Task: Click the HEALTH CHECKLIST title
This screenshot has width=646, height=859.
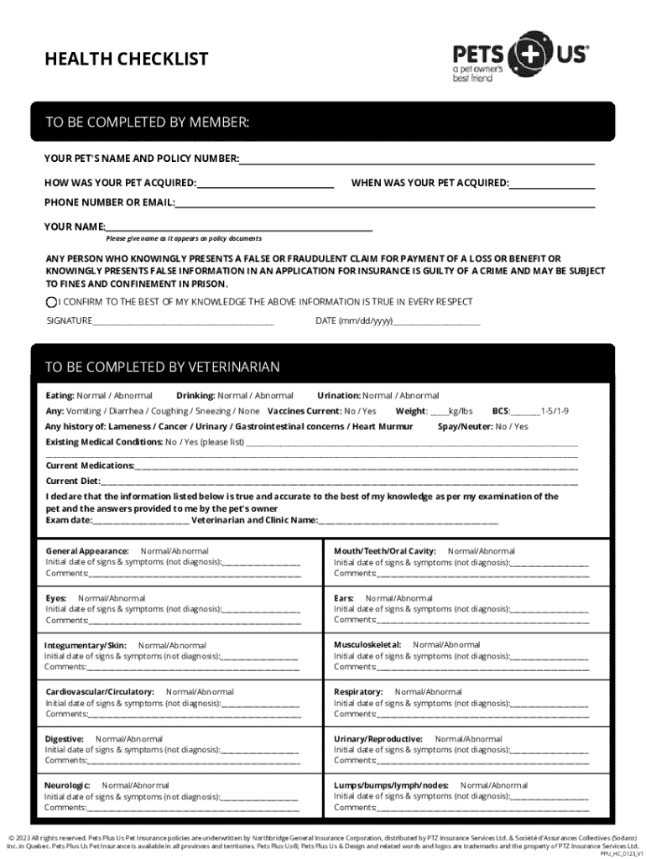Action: pos(126,60)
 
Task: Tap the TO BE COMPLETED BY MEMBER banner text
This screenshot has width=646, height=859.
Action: pos(147,123)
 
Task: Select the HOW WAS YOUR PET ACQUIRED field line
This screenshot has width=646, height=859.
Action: pos(266,184)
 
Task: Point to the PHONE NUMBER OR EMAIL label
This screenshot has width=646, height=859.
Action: pos(109,202)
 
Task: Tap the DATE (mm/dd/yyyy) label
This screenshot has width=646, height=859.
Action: pos(354,320)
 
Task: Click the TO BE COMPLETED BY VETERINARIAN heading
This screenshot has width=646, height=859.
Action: pos(162,367)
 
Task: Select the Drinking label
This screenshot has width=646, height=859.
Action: pos(195,395)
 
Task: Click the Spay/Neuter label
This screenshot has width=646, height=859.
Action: pos(465,426)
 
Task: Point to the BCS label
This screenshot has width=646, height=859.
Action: pos(500,411)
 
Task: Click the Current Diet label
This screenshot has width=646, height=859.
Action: pos(72,482)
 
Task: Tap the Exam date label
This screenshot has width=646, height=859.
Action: pos(69,520)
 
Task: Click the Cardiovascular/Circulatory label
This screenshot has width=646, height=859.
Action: pos(100,692)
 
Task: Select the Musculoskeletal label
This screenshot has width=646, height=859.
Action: pos(367,645)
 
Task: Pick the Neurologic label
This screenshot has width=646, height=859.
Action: pos(67,786)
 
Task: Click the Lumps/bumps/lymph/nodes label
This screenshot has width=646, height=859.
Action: pos(391,786)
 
